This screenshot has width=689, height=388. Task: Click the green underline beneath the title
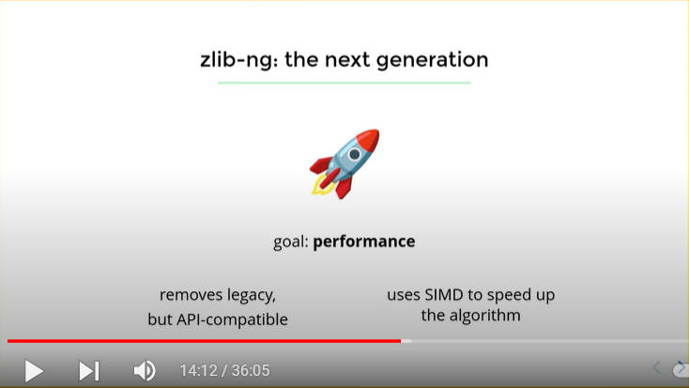pos(344,83)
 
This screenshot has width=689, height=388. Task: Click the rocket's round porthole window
pos(354,154)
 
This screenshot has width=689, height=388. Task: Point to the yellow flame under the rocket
pos(320,186)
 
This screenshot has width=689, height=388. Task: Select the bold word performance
pos(364,241)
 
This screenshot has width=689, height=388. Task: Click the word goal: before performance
pos(290,242)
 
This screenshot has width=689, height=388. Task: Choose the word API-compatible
pos(232,319)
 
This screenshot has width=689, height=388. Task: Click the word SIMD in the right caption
pos(443,294)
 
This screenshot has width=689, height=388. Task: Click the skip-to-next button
pos(89,370)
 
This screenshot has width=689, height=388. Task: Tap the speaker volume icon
pos(145,370)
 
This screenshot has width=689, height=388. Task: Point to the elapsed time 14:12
pos(199,370)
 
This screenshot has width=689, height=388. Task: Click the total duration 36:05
pos(251,370)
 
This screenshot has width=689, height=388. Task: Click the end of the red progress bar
pos(400,341)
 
